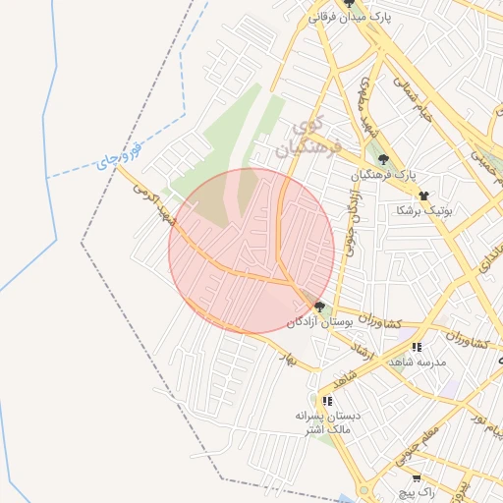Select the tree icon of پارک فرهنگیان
pyautogui.click(x=382, y=159)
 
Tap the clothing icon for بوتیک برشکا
pyautogui.click(x=423, y=196)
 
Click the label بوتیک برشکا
pyautogui.click(x=422, y=210)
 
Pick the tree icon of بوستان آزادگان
pyautogui.click(x=320, y=307)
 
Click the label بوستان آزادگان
pyautogui.click(x=318, y=322)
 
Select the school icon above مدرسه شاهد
pyautogui.click(x=417, y=348)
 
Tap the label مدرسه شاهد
pyautogui.click(x=419, y=363)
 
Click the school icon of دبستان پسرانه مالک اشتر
pyautogui.click(x=327, y=401)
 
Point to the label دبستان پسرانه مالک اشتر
pyautogui.click(x=327, y=423)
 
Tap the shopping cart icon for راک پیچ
pyautogui.click(x=417, y=478)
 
